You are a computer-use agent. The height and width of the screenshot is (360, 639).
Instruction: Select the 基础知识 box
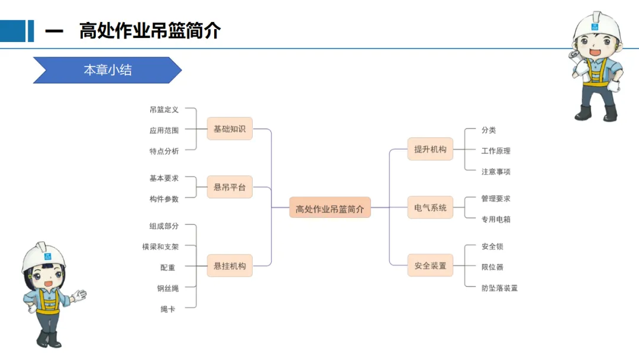click(230, 128)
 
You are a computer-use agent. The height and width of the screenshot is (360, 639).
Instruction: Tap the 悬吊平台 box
click(230, 187)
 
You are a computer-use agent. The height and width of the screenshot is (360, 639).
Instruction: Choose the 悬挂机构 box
click(230, 266)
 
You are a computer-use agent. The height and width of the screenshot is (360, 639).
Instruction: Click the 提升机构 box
click(430, 149)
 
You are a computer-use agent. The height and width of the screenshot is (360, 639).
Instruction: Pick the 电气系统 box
click(430, 208)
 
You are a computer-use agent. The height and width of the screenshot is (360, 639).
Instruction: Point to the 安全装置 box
click(430, 266)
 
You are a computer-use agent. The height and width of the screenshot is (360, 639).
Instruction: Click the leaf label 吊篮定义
click(164, 110)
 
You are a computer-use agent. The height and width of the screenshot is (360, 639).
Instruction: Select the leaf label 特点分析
click(164, 151)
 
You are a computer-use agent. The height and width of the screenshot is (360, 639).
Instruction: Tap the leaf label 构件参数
click(164, 199)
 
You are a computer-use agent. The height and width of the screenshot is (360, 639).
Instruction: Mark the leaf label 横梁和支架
click(160, 246)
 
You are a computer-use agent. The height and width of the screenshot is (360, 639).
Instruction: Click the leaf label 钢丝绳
click(167, 288)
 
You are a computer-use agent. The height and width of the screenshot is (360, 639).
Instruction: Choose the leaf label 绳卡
click(167, 309)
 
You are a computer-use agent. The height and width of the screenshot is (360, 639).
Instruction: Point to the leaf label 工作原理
click(496, 151)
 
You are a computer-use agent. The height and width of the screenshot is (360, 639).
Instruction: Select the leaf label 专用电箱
click(496, 219)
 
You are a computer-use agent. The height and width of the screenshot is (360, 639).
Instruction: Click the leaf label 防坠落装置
click(499, 288)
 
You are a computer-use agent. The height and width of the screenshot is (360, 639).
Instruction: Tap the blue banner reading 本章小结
click(107, 70)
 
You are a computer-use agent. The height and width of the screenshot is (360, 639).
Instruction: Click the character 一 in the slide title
click(54, 31)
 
